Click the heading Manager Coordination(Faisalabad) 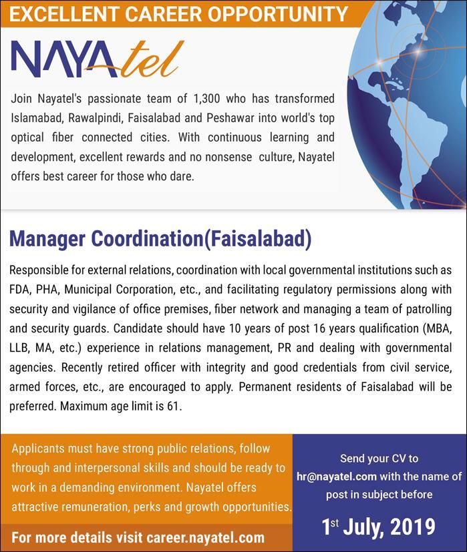tap(160, 238)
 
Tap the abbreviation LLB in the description tap(20, 348)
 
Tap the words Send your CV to tap(379, 459)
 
